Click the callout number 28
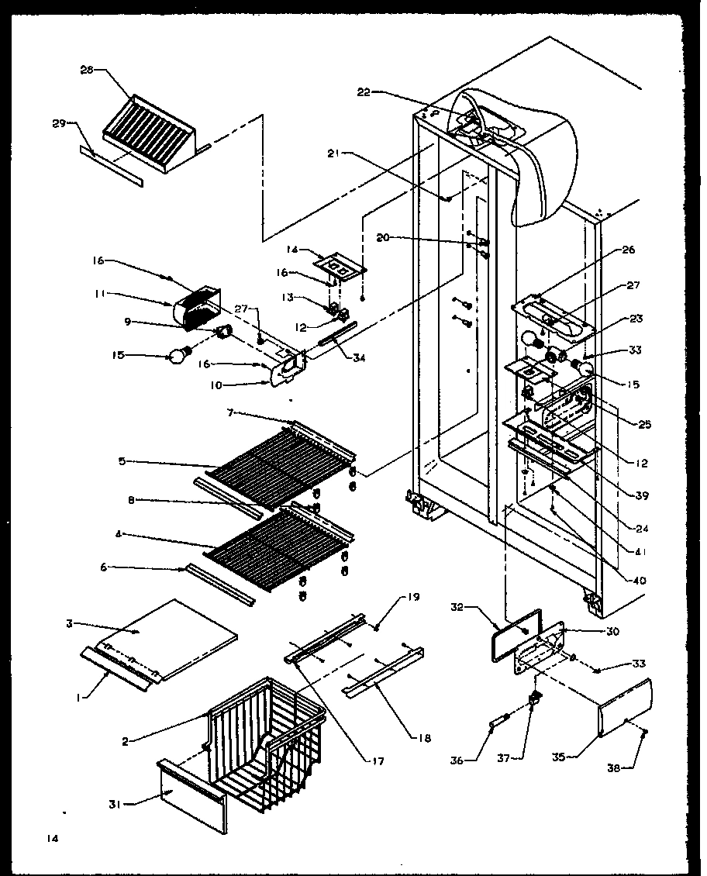pos(86,69)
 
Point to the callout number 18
pos(424,738)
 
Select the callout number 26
pos(628,250)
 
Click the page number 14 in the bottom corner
pos(52,838)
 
